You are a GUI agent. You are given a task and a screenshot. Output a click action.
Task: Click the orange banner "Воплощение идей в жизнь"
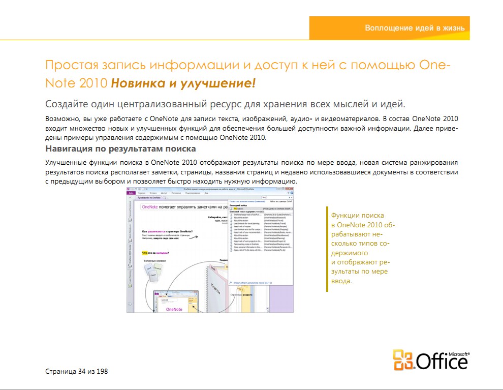click(414, 28)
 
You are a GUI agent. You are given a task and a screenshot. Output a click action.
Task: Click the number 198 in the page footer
click(102, 371)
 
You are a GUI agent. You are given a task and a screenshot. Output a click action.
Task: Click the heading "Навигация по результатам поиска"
click(120, 149)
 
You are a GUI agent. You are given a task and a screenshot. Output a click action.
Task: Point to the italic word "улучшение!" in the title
click(224, 82)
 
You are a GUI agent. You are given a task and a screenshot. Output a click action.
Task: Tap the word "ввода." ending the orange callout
click(341, 281)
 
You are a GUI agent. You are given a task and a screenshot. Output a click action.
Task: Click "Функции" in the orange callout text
click(345, 215)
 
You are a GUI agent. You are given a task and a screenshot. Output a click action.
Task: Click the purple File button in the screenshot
click(131, 194)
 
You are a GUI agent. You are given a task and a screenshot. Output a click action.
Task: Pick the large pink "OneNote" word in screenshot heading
click(150, 207)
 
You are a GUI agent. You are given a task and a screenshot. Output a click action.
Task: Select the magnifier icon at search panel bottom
click(232, 282)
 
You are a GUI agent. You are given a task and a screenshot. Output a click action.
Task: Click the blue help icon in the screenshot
click(292, 194)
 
